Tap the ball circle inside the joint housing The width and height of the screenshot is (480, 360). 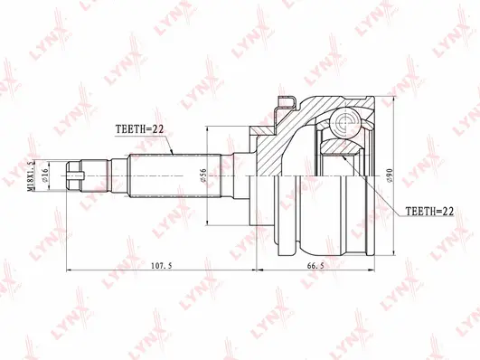click(x=345, y=123)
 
